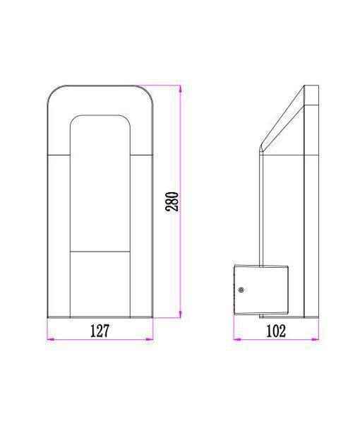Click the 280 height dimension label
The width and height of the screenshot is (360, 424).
172,201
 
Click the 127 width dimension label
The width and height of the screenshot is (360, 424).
100,331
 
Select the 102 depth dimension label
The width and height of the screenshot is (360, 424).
276,331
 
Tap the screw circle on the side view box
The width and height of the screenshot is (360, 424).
241,290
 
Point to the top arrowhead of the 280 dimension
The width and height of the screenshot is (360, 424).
181,89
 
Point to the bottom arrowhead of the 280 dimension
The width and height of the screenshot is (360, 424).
181,314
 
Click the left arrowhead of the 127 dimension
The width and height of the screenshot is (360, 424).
51,339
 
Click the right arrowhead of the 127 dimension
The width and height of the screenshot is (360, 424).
149,339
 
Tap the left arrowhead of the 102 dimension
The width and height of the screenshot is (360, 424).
237,339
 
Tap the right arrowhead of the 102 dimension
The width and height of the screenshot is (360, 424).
315,339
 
